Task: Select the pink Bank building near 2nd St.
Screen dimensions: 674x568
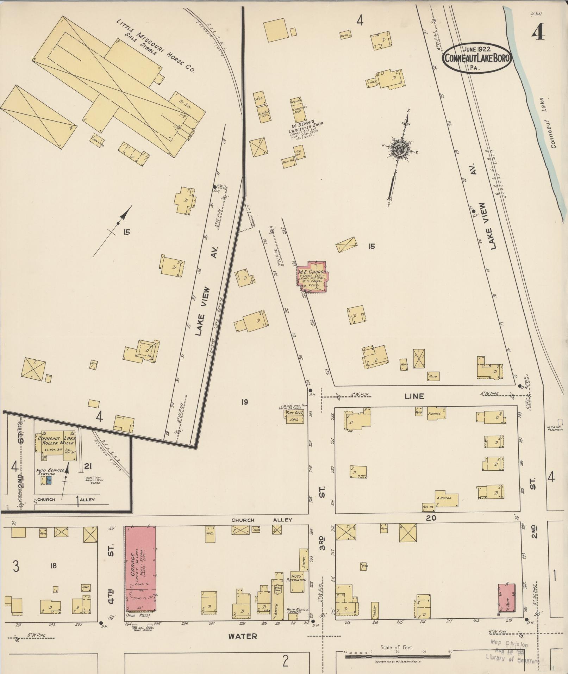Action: coord(506,598)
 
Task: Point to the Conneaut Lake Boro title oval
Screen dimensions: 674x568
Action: coord(477,58)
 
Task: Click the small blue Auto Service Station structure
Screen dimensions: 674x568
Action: coord(49,480)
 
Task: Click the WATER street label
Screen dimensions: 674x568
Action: coord(242,636)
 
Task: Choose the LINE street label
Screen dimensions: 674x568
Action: coord(414,396)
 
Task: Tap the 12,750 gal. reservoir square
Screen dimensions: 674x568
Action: coord(560,422)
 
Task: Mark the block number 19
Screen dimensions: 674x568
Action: coord(244,402)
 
